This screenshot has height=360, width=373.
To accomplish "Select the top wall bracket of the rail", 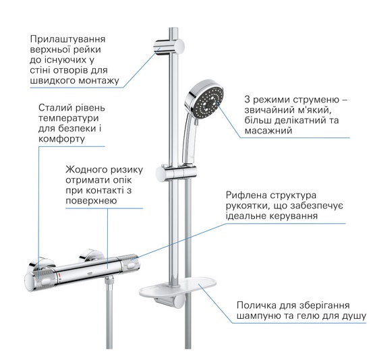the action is pyautogui.click(x=169, y=47).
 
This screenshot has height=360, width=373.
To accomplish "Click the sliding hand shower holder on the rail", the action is pyautogui.click(x=176, y=173).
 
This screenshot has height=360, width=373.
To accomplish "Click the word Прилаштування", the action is pyautogui.click(x=67, y=39).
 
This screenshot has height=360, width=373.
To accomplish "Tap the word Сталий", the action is pyautogui.click(x=53, y=108).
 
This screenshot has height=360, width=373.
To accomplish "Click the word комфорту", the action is pyautogui.click(x=61, y=139).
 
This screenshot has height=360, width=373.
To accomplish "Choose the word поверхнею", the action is pyautogui.click(x=91, y=201).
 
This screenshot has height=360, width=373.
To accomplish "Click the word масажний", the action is pyautogui.click(x=268, y=131).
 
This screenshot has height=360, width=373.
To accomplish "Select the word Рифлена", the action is pyautogui.click(x=246, y=196).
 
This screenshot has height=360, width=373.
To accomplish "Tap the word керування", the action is pyautogui.click(x=293, y=216).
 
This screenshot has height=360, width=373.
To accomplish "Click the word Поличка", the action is pyautogui.click(x=256, y=305).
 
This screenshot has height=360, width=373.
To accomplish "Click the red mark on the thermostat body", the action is pyautogui.click(x=60, y=276).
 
